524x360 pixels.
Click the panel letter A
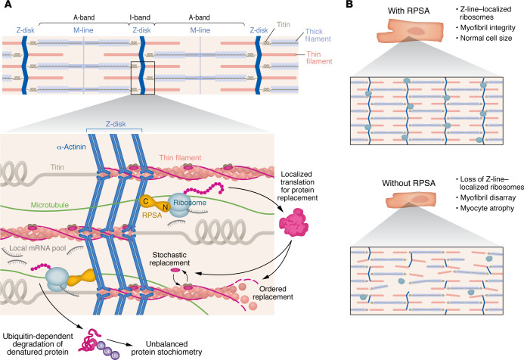(x=8, y=4)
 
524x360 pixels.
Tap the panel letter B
(x=349, y=4)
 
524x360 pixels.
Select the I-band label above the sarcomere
(x=140, y=17)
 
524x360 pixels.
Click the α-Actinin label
(x=71, y=147)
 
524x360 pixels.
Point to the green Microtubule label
(x=50, y=205)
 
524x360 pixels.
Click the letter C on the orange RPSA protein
(x=146, y=201)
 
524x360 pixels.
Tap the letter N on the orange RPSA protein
(x=165, y=207)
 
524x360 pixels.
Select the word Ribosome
(x=190, y=203)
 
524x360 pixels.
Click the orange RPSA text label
(x=152, y=216)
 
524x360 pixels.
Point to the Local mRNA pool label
(x=38, y=248)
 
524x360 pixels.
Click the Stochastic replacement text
(x=169, y=259)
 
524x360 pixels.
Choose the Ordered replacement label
(x=273, y=293)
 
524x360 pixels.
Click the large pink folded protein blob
(x=293, y=222)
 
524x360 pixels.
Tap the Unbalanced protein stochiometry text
(x=166, y=348)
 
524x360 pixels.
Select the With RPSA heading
(x=409, y=11)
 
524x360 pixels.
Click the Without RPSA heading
(x=409, y=183)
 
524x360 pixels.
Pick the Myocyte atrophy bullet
(x=485, y=208)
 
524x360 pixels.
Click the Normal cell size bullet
(x=484, y=38)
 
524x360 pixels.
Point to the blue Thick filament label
(x=318, y=35)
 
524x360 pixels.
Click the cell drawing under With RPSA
(x=411, y=31)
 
